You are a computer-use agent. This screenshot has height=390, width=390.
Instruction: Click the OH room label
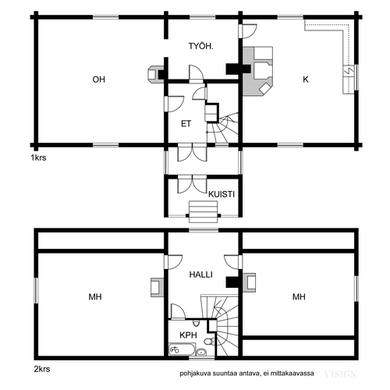coord(99,80)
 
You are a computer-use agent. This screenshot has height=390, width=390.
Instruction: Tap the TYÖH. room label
coord(200,46)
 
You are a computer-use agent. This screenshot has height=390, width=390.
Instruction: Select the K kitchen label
coord(306,80)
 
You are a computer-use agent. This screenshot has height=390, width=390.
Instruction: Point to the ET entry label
coord(186,124)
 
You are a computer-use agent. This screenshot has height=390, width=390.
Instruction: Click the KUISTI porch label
coord(222,194)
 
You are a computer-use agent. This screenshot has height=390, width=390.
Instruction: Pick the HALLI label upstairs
coord(200,275)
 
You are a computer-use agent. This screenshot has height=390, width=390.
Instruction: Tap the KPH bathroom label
coord(188,335)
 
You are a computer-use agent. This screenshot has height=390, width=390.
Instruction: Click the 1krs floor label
coord(38,158)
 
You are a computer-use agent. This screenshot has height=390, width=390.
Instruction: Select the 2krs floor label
coord(42,369)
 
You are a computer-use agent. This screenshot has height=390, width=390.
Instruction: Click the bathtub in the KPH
coord(182,349)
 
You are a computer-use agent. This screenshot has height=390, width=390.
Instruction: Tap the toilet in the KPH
coord(210,341)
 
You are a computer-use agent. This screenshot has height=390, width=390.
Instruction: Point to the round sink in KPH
coord(201,352)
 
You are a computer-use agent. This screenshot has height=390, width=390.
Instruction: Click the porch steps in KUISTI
coord(203,211)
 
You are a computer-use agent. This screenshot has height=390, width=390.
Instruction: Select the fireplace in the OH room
coord(156,74)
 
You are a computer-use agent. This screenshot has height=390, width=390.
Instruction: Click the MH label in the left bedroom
coord(95,296)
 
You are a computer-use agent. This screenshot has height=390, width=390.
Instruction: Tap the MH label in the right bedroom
coord(299,296)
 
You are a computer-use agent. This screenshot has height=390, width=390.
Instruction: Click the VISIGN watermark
coord(340,374)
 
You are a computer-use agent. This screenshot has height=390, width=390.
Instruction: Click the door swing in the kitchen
coord(249,31)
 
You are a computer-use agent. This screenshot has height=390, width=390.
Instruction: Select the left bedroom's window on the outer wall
coord(37,290)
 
